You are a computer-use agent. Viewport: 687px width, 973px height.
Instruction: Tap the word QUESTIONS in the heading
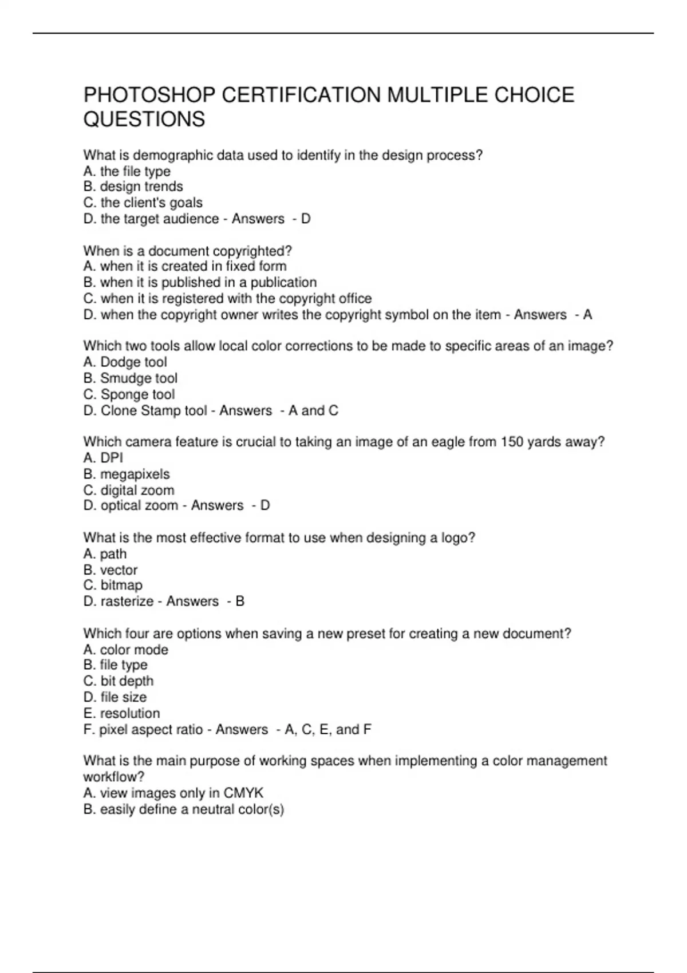coord(144,119)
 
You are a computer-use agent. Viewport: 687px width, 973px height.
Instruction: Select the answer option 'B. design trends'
coord(133,187)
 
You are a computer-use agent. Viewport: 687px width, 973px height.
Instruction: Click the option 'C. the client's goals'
coord(143,203)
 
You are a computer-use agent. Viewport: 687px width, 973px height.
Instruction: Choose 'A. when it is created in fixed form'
coord(184,266)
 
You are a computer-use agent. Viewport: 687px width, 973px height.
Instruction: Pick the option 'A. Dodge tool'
coord(125,362)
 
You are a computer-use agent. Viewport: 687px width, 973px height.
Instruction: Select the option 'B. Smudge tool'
coord(130,378)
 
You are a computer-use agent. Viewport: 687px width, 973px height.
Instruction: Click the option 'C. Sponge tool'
coord(129,394)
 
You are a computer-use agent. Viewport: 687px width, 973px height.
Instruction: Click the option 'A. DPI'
coord(103,458)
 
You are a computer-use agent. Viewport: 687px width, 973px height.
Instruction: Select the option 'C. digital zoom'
coord(129,490)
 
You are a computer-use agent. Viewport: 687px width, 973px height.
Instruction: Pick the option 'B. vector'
coord(110,569)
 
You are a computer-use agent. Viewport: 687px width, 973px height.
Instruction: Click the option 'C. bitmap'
coord(113,585)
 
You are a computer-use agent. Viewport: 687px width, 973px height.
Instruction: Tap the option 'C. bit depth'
coord(118,681)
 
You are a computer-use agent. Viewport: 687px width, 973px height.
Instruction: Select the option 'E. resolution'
coord(121,713)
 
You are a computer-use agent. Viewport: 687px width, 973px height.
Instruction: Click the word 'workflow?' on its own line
coord(113,777)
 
